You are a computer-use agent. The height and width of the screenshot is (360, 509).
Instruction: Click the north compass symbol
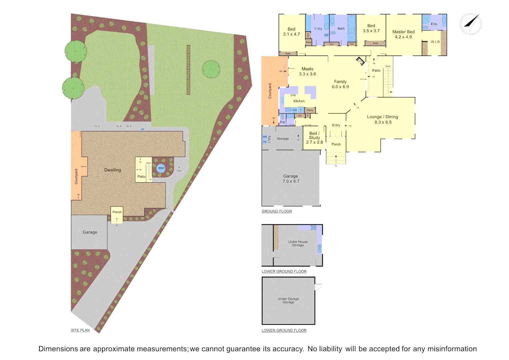point(471,24)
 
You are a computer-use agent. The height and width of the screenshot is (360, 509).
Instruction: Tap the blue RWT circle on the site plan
point(161,168)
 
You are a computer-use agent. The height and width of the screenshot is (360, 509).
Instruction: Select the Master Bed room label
point(403,32)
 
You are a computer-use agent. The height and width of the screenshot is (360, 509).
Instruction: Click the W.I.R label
point(435,42)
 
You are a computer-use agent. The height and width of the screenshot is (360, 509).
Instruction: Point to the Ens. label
point(434,24)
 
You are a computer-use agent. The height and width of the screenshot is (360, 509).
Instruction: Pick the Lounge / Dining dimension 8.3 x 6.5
point(383,122)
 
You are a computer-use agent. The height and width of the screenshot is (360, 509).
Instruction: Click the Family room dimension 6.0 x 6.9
point(340,87)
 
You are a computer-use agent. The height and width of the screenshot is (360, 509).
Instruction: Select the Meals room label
point(307,69)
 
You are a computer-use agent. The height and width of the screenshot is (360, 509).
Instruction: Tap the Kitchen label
point(299,101)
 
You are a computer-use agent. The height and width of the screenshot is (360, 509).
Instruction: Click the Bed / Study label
point(314,135)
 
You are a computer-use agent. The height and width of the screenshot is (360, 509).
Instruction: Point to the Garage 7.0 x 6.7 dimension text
point(291,181)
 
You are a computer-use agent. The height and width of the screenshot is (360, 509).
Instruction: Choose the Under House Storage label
point(298,244)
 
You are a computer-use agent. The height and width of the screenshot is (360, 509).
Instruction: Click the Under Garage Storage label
point(288,301)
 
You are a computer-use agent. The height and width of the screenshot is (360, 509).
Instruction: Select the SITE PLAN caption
point(80,330)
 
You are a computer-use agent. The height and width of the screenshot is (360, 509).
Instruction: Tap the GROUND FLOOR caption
point(277,211)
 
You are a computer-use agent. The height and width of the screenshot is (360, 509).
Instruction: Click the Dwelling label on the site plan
point(113,170)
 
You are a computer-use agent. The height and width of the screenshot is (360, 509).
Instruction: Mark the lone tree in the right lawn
point(211,69)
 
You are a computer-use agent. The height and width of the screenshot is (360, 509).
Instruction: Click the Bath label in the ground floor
point(341,29)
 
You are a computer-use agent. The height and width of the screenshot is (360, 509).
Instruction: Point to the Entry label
point(336,125)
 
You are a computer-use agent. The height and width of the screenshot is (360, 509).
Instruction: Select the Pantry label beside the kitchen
point(310,110)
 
